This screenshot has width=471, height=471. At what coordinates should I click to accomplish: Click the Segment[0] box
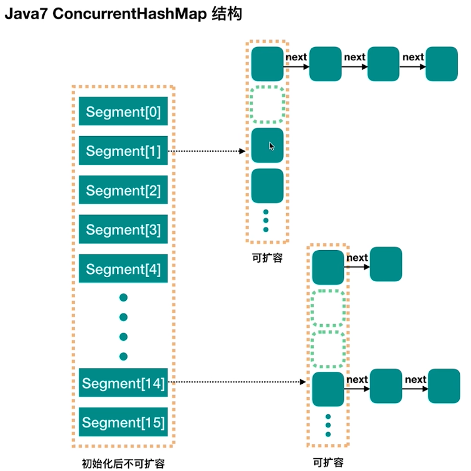coord(123,112)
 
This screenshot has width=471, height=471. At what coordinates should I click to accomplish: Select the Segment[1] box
coord(123,151)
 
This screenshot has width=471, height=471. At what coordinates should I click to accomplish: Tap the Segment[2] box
coord(123,190)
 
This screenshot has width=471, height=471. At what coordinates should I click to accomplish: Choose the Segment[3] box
coord(123,230)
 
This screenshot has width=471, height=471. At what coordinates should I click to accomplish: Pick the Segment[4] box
coord(123,269)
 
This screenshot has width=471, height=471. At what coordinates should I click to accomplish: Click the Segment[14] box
coord(123,383)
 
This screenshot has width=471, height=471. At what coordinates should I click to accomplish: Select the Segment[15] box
coord(123,423)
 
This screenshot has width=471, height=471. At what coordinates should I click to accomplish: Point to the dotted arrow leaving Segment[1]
coord(206,152)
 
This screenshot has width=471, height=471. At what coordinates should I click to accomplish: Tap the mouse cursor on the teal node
coord(271,146)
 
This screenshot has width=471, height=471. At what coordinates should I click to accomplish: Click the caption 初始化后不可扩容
coord(123,463)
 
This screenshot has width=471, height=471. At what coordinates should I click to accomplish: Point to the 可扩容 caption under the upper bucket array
coord(267,258)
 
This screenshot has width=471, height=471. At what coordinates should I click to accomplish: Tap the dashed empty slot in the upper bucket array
coord(267,104)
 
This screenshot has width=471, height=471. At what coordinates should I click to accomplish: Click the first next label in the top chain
coord(296,57)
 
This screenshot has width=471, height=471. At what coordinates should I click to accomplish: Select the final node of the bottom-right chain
coord(444,385)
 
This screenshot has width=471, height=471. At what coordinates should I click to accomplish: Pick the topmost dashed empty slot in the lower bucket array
coord(329,307)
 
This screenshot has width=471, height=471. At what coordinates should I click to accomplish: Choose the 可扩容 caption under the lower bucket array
coord(328,462)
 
